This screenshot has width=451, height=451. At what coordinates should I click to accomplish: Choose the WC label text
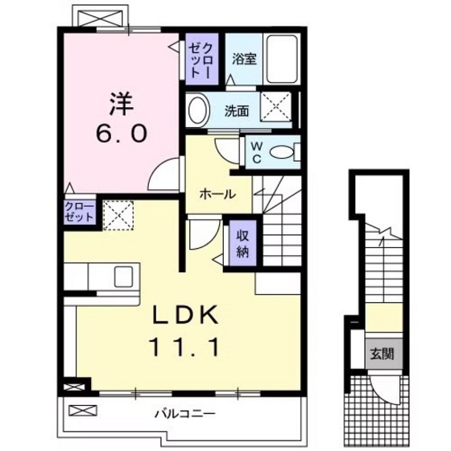tap(255, 151)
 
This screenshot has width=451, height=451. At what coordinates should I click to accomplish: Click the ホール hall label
tap(217, 194)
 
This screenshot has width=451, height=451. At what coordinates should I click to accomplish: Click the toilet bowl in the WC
tap(282, 151)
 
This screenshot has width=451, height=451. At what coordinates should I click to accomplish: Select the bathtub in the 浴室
tap(282, 58)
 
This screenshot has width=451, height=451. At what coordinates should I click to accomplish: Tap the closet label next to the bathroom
tap(198, 59)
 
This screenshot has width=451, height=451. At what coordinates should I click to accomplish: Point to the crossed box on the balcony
tap(82, 411)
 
